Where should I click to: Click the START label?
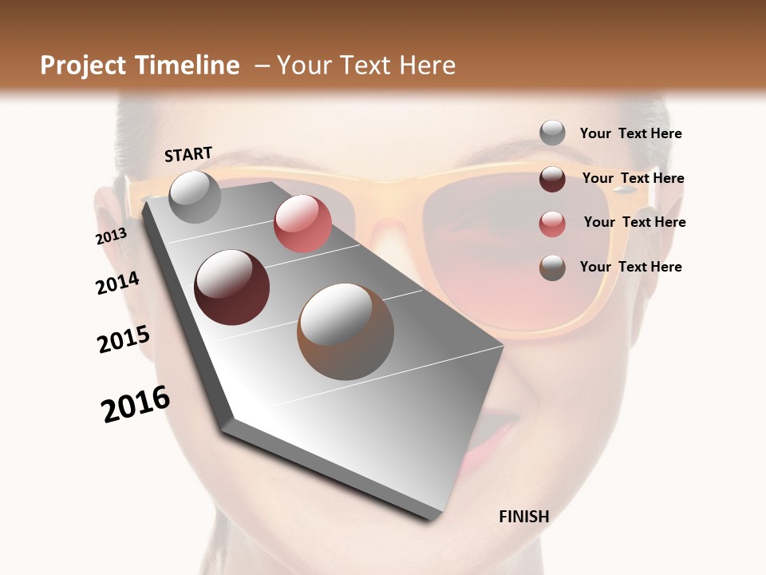(188, 154)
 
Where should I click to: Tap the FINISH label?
(523, 517)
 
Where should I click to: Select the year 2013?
(111, 237)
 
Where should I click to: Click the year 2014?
(117, 284)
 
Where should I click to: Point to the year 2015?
(124, 339)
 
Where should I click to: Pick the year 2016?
(136, 404)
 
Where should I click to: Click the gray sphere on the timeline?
(195, 196)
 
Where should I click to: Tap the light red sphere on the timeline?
(302, 224)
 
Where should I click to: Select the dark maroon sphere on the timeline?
(231, 287)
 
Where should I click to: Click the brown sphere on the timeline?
(345, 331)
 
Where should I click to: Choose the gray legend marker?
(552, 133)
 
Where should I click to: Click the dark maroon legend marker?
(552, 179)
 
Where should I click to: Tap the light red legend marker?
(552, 224)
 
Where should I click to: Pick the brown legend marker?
(552, 268)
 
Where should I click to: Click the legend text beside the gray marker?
(630, 134)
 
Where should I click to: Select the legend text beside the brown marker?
(630, 267)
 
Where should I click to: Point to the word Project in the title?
(84, 65)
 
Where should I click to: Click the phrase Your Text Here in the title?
(366, 65)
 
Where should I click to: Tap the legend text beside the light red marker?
(634, 222)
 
